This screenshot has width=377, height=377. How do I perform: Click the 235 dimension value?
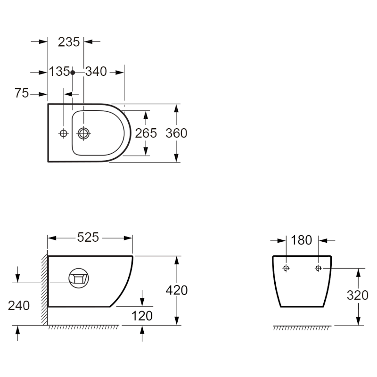(69, 42)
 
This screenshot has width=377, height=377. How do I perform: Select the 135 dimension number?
(59, 72)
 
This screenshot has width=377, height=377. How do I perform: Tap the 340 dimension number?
(96, 72)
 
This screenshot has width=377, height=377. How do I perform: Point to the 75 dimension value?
(22, 93)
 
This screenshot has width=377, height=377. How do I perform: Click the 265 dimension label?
(146, 133)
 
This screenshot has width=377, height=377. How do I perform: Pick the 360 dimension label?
(176, 133)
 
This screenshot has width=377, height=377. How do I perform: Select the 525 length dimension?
(88, 238)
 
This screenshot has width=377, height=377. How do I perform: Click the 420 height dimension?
(177, 290)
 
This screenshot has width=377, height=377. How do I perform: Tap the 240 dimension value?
(19, 305)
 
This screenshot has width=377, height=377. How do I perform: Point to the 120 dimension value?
(142, 316)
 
